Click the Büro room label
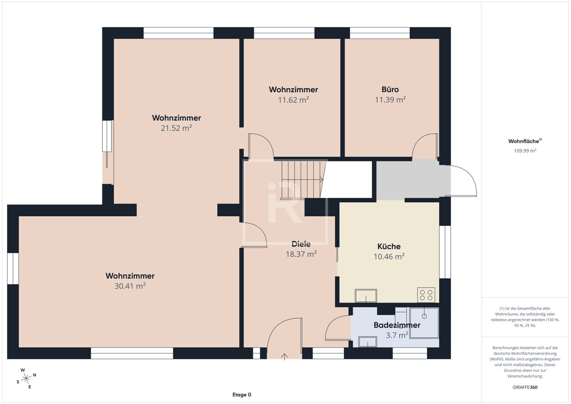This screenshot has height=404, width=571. [390, 90]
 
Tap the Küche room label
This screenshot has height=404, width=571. [389, 246]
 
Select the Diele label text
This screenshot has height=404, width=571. [301, 244]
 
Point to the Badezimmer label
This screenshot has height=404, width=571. [397, 325]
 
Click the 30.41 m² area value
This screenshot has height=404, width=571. [130, 286]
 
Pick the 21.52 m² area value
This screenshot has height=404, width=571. [176, 128]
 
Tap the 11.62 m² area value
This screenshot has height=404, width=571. [293, 99]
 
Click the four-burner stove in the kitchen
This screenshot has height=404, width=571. [426, 295]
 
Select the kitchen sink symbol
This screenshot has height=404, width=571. [366, 295]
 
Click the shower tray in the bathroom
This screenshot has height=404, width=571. [424, 323]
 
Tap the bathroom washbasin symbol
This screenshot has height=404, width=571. [367, 342]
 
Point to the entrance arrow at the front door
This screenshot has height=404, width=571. [285, 357]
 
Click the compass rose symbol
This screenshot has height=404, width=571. [26, 379]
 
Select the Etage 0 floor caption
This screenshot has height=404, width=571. [242, 395]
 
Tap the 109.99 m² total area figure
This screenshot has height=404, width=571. [525, 151]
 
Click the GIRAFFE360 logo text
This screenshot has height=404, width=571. [525, 387]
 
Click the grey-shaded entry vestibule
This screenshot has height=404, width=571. [413, 180]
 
